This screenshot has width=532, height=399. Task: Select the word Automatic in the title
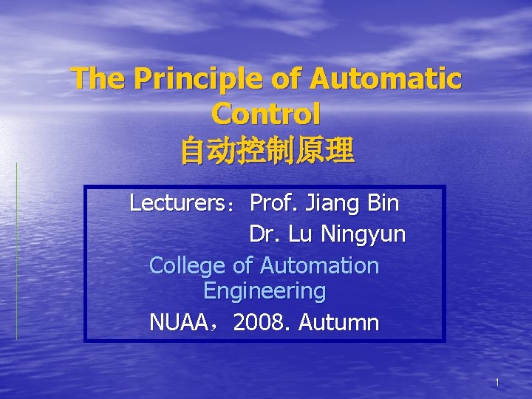[x=386, y=79]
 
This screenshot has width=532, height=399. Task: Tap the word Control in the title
[x=266, y=115]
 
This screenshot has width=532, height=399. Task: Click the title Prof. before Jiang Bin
[x=275, y=202]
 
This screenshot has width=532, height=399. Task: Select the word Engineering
[x=265, y=291]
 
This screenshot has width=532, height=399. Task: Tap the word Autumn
[x=340, y=323]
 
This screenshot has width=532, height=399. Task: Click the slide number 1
[x=497, y=383]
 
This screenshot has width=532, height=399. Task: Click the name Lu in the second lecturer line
[x=300, y=234]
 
